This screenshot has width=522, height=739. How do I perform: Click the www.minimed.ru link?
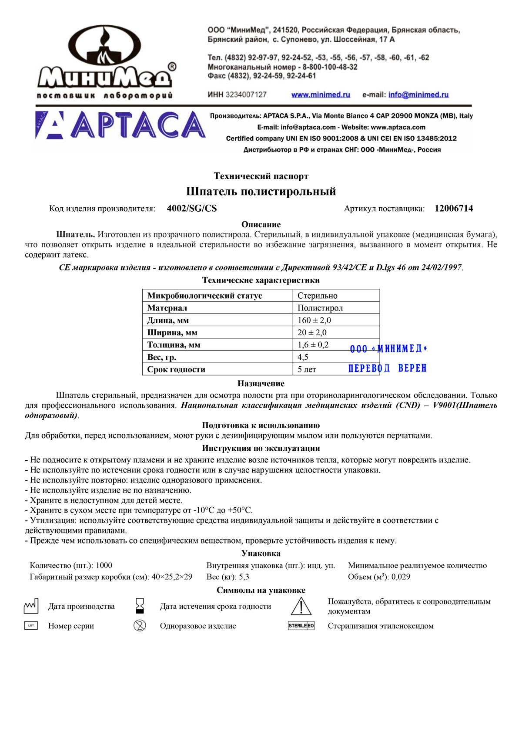pyautogui.click(x=321, y=95)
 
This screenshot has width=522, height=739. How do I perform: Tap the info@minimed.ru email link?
pyautogui.click(x=418, y=95)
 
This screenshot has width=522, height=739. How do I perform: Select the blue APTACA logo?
pyautogui.click(x=120, y=125)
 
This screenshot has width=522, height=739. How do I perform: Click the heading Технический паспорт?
pyautogui.click(x=261, y=176)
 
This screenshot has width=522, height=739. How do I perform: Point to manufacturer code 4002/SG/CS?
pyautogui.click(x=192, y=209)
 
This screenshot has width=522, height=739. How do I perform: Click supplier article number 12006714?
pyautogui.click(x=454, y=209)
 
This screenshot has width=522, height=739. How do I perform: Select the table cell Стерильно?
pyautogui.click(x=318, y=296)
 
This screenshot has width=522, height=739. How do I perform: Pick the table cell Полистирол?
pyautogui.click(x=320, y=308)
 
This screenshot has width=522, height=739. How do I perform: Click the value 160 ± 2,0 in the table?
pyautogui.click(x=314, y=320)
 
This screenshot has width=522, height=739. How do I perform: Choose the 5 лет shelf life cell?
pyautogui.click(x=307, y=369)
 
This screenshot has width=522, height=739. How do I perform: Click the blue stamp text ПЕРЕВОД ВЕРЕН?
pyautogui.click(x=387, y=368)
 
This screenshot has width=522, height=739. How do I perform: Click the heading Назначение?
pyautogui.click(x=261, y=384)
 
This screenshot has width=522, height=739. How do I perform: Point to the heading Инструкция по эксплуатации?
pyautogui.click(x=261, y=448)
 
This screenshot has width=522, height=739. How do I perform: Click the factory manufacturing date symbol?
pyautogui.click(x=31, y=606)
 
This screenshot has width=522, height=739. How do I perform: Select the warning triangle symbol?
pyautogui.click(x=301, y=606)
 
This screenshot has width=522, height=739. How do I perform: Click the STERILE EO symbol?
pyautogui.click(x=301, y=626)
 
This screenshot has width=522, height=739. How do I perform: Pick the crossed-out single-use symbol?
pyautogui.click(x=140, y=626)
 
